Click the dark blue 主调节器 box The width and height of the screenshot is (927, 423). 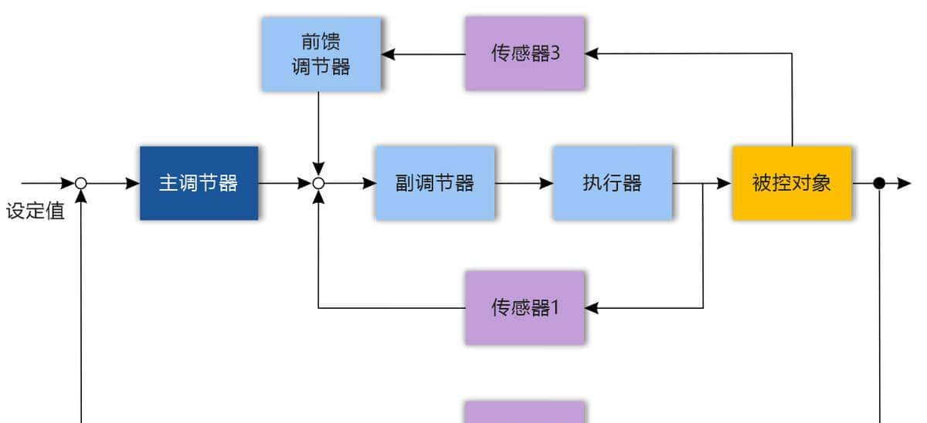click(x=199, y=183)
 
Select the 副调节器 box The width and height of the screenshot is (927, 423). click(x=435, y=183)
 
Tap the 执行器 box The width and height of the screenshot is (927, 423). click(x=612, y=183)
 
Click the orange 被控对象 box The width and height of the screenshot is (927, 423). click(x=792, y=183)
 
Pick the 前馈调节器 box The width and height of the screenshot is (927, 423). click(x=321, y=54)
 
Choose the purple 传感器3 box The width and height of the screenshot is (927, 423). click(x=525, y=53)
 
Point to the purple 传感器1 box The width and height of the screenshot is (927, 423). click(x=525, y=307)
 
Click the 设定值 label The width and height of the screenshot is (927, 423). click(x=35, y=211)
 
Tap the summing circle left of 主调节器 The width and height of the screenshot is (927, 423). click(x=80, y=184)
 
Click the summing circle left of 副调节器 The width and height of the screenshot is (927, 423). click(x=318, y=184)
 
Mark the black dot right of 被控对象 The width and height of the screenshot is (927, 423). click(x=879, y=183)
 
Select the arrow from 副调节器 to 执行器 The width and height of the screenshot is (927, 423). click(x=524, y=183)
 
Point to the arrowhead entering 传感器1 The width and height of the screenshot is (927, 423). click(x=592, y=308)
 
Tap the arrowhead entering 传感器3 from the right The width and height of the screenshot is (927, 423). click(x=592, y=53)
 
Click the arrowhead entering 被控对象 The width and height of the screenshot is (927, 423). click(x=725, y=183)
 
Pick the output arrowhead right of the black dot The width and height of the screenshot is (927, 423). click(x=905, y=183)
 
